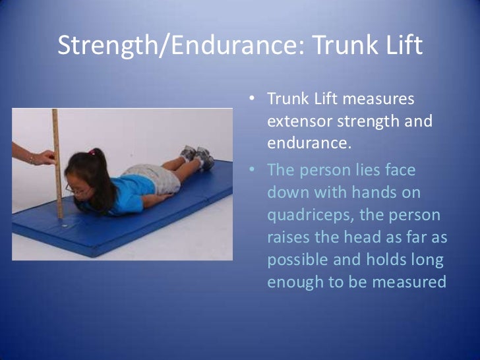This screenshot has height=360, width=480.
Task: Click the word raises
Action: pyautogui.click(x=291, y=237)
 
